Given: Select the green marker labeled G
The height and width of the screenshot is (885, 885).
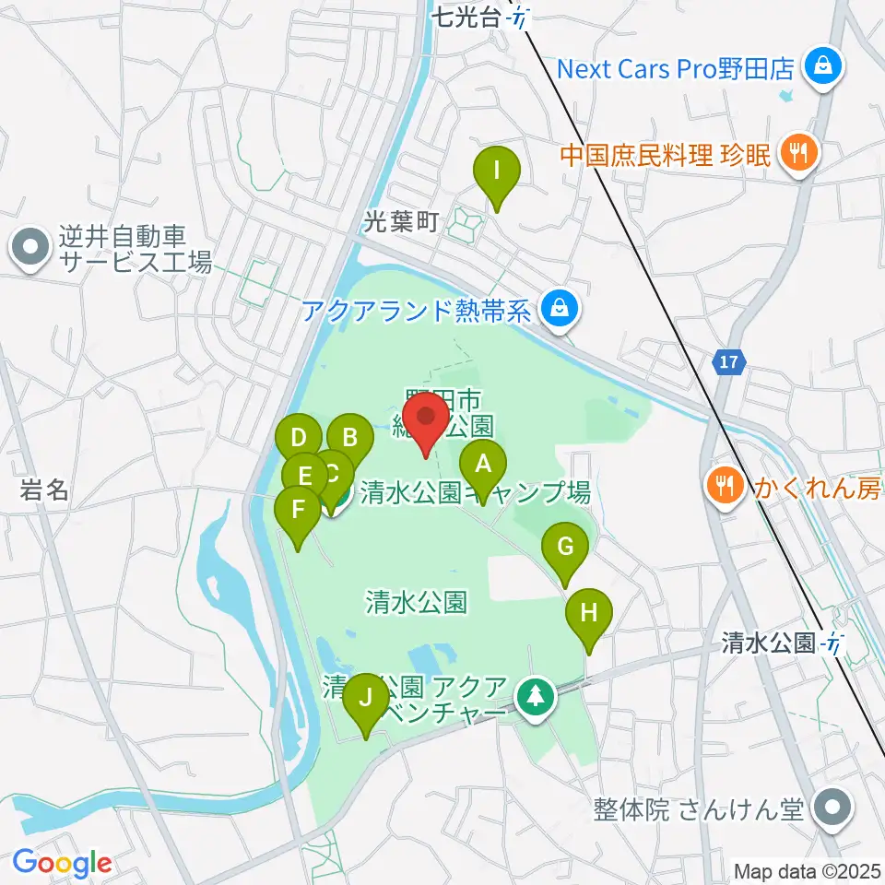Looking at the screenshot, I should [565, 548].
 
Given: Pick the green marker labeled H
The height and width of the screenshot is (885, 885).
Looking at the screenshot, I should [589, 613].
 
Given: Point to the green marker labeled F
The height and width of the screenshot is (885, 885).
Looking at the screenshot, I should [298, 511].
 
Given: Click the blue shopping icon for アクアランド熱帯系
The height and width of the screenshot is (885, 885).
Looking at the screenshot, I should [559, 308].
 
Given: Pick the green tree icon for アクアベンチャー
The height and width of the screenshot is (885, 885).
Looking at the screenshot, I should [536, 698].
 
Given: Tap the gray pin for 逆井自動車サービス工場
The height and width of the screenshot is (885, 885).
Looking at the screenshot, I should [30, 248].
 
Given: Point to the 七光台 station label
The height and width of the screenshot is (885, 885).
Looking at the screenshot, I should [470, 16].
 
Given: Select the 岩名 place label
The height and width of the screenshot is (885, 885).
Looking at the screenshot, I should [44, 490].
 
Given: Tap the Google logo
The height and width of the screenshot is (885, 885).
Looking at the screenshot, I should [63, 863].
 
